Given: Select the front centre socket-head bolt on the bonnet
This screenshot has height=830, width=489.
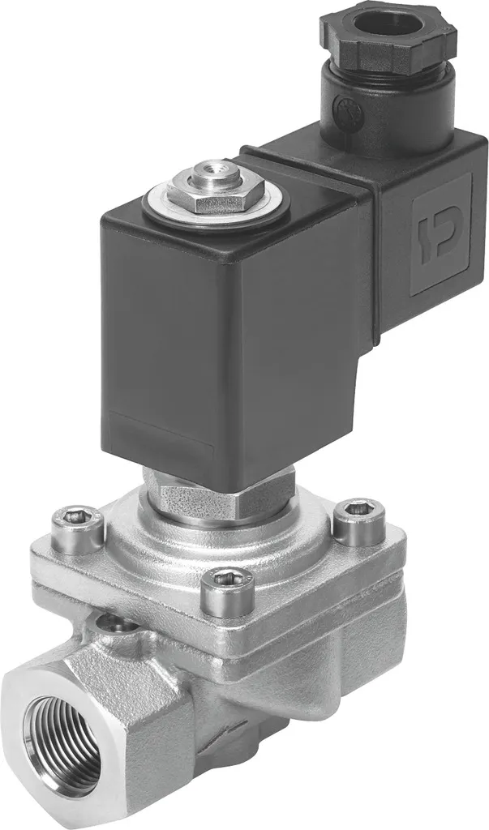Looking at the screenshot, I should coord(226,590).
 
